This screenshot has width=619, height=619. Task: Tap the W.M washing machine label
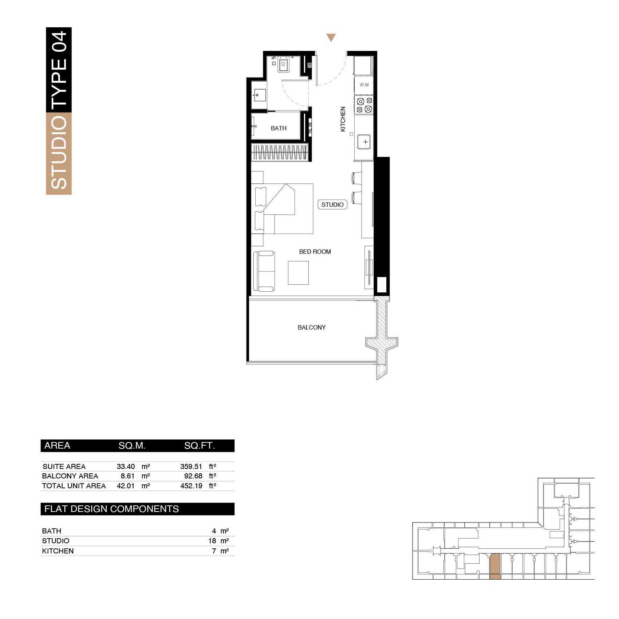(x=364, y=85)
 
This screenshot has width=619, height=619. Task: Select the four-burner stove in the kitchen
(x=364, y=105)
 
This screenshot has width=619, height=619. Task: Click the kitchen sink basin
(x=364, y=142)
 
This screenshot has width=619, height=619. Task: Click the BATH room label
(x=279, y=128)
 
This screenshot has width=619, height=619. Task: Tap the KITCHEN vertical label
(x=343, y=119)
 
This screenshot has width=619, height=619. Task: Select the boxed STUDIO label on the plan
(x=332, y=205)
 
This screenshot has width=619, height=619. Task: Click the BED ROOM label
(x=315, y=252)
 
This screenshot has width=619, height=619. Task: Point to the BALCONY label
(x=312, y=327)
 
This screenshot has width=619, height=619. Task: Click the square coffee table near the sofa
(x=298, y=273)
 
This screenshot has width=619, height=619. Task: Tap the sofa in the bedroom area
(x=264, y=271)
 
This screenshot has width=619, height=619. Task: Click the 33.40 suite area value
(x=126, y=466)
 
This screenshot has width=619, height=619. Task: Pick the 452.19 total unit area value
(x=191, y=486)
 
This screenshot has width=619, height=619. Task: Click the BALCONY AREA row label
(x=70, y=476)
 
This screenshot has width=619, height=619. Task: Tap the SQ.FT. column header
(x=200, y=446)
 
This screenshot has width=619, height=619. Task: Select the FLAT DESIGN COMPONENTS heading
(x=111, y=509)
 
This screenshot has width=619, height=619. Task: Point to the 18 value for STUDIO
(x=212, y=541)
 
